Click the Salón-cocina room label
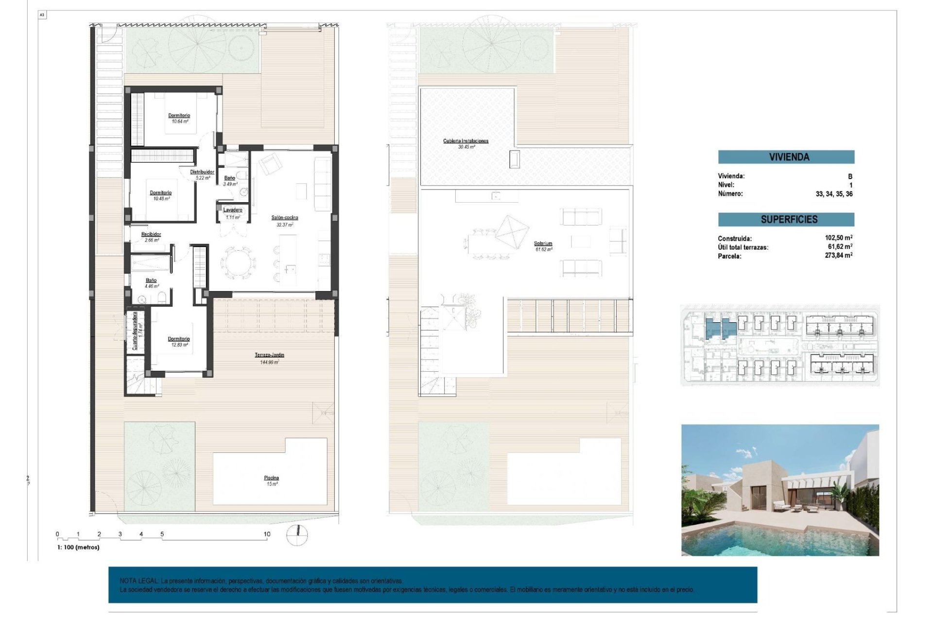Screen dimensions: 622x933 tap(284, 218)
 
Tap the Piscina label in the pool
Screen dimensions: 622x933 tap(271, 478)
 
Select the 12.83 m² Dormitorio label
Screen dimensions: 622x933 tap(178, 339)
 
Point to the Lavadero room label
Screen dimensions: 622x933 tap(232, 210)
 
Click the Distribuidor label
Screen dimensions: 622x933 tap(202, 172)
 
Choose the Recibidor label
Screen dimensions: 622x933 tap(151, 234)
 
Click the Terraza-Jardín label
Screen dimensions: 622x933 tap(269, 355)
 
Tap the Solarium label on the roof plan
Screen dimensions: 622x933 tap(543, 243)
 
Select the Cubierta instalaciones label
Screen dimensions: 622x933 tap(465, 141)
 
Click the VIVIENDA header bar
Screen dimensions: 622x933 tap(786, 157)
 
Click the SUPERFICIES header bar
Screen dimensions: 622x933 tap(786, 220)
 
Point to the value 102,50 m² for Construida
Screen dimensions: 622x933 tap(838, 238)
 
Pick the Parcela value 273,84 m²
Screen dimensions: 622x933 tap(838, 256)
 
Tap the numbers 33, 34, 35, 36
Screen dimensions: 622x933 tap(834, 194)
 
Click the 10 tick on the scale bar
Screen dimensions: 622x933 tap(267, 534)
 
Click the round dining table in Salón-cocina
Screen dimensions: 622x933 tap(238, 263)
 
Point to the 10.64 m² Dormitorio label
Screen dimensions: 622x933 tap(179, 116)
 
